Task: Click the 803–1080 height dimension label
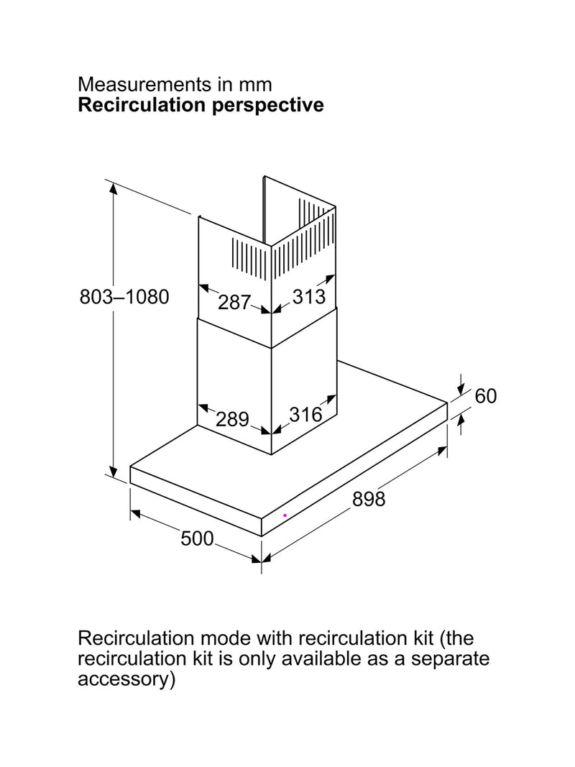(x=124, y=297)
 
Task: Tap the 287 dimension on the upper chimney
(x=234, y=302)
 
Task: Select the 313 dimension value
(x=309, y=296)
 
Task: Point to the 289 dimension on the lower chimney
(x=233, y=419)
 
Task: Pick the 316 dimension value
(x=305, y=415)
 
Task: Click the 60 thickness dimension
(x=486, y=396)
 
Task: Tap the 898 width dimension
(x=369, y=499)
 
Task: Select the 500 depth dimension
(x=198, y=538)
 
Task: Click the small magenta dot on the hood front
(x=285, y=515)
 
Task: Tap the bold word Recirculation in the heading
(x=142, y=105)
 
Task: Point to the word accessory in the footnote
(x=126, y=679)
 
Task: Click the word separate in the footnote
(x=450, y=658)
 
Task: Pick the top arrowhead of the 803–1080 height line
(x=114, y=188)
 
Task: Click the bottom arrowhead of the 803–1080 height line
(x=114, y=471)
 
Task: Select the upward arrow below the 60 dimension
(x=460, y=424)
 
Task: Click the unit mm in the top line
(x=254, y=86)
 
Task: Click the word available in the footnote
(x=321, y=658)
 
